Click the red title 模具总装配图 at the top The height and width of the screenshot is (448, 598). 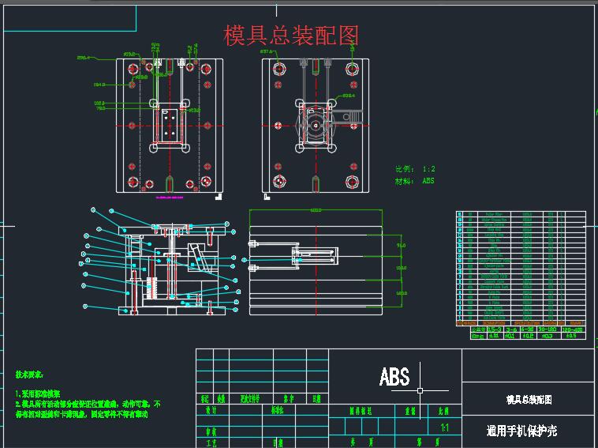click(x=292, y=36)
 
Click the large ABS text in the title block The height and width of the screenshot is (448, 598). click(x=394, y=376)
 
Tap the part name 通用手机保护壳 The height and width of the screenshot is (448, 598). click(x=521, y=431)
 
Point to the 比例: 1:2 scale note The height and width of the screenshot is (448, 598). click(x=415, y=169)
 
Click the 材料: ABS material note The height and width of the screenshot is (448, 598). click(x=415, y=181)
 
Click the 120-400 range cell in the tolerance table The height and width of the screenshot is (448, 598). click(x=570, y=328)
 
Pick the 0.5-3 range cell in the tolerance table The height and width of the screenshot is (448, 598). click(x=495, y=328)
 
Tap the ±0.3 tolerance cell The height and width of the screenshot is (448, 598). click(x=546, y=336)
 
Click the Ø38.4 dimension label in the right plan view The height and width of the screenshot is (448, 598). click(x=349, y=96)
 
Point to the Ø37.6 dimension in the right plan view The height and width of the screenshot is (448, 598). click(x=266, y=52)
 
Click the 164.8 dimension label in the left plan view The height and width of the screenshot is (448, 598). click(x=99, y=85)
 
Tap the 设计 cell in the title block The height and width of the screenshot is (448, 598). click(x=211, y=411)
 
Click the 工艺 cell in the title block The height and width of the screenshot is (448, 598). click(x=211, y=443)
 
